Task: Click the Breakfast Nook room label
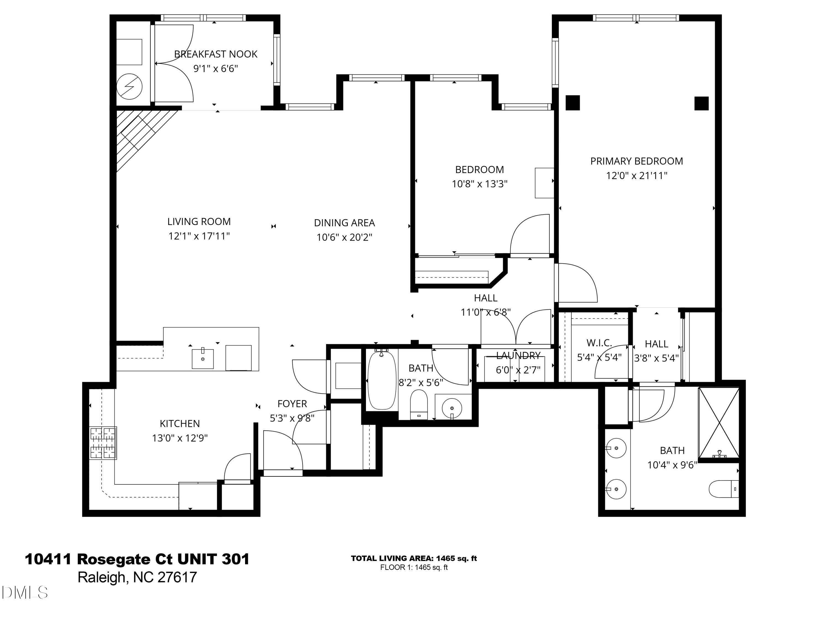216,54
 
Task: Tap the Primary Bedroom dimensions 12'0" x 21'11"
636,176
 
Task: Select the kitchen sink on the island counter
203,359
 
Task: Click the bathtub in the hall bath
381,380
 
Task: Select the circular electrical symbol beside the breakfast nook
129,86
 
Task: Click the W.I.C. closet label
599,343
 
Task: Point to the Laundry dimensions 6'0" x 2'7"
518,370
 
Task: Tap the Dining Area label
344,223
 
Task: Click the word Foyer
292,404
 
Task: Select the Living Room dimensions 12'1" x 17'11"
199,236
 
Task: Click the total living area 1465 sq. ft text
414,559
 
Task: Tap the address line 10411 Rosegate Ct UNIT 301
137,559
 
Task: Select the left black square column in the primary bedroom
572,103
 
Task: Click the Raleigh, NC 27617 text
137,577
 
